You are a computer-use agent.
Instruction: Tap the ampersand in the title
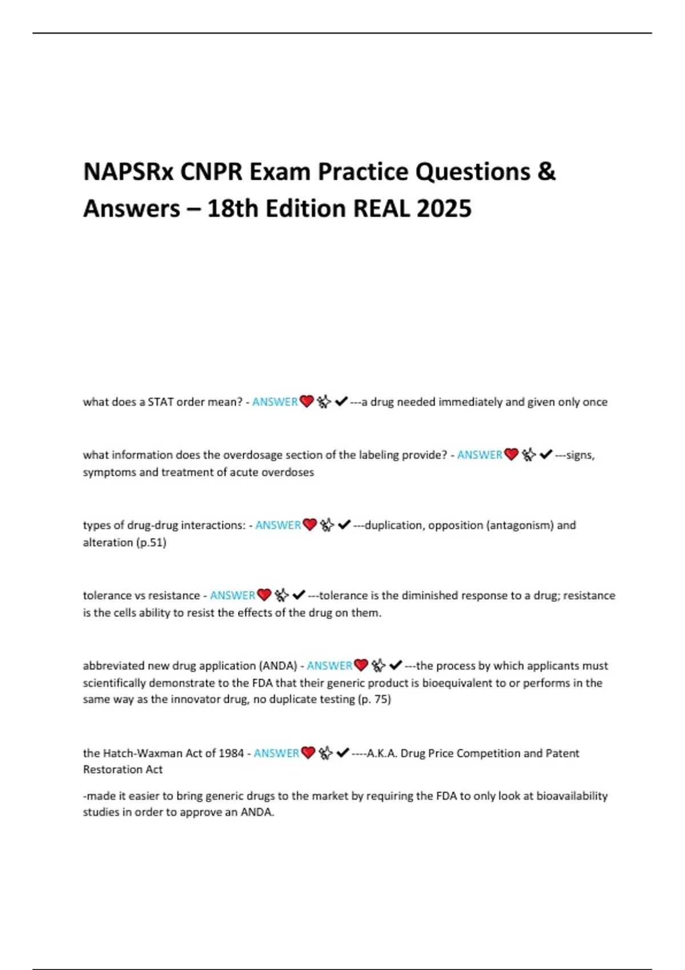coord(546,172)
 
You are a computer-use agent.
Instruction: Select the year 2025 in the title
coord(444,209)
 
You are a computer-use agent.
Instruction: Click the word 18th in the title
coord(233,209)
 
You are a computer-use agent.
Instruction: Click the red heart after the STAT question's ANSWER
coord(307,402)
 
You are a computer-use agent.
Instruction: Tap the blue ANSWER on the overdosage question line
coord(479,455)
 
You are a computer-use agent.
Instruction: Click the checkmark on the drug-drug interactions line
coord(344,525)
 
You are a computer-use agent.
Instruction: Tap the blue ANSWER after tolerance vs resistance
coord(232,595)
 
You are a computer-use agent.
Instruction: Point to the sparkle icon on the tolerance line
coord(281,595)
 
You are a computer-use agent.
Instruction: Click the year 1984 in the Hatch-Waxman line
coord(231,753)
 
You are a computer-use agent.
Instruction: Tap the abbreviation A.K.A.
coord(382,753)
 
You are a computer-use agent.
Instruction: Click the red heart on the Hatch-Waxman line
coord(308,753)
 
